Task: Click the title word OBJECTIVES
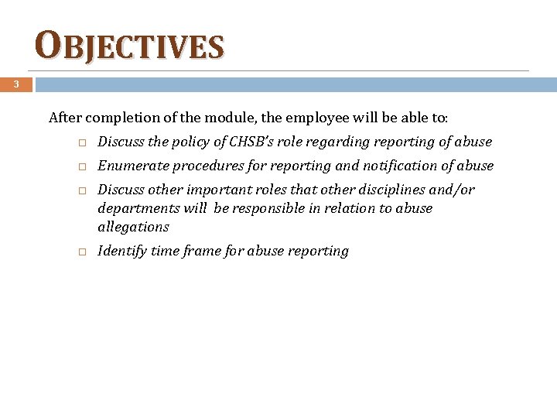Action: [x=130, y=46]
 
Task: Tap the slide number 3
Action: [x=15, y=84]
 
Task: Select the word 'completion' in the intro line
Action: [x=120, y=118]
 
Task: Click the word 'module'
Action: [x=224, y=118]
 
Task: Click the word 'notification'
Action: [x=392, y=166]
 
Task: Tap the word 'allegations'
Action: [x=133, y=227]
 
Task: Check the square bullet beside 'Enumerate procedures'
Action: [x=80, y=166]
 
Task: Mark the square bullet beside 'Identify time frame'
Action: [x=80, y=252]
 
